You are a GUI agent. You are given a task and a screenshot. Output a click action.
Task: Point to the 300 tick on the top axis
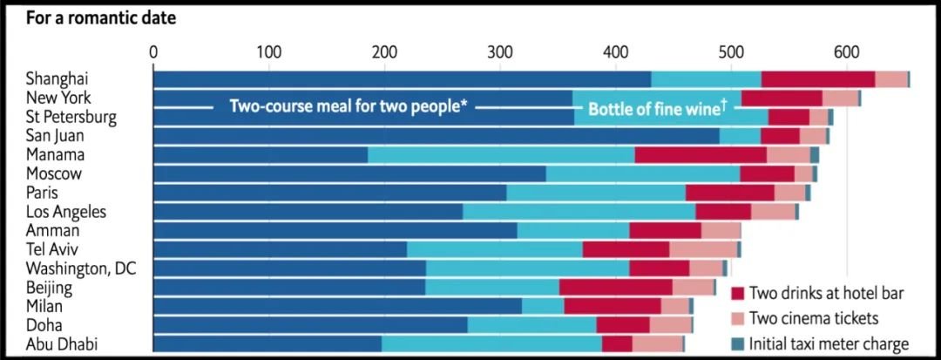click(x=499, y=51)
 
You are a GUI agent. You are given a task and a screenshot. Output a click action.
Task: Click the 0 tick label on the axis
click(x=153, y=51)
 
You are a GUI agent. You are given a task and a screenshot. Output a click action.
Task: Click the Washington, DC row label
click(x=81, y=268)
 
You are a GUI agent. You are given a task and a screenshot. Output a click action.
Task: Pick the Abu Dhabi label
click(x=61, y=343)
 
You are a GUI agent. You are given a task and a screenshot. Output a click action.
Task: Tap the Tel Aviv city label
click(x=53, y=249)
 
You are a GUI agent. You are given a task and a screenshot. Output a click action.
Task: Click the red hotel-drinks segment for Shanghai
click(x=817, y=79)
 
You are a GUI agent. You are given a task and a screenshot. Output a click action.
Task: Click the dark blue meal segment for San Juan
click(x=436, y=136)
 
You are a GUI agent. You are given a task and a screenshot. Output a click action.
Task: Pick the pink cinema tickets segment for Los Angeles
click(x=773, y=211)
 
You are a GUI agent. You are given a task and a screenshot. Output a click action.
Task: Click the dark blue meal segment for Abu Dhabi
click(x=267, y=343)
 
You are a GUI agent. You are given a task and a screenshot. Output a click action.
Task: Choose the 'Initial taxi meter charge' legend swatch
click(x=736, y=343)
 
